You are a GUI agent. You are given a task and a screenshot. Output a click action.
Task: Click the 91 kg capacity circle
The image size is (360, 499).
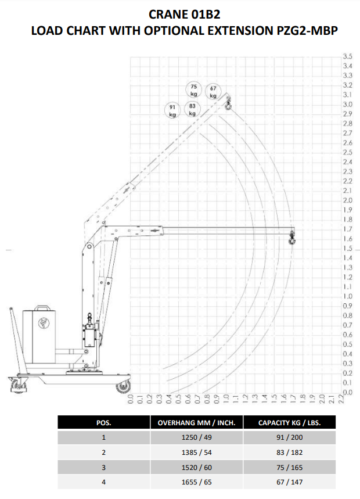coord(172,110)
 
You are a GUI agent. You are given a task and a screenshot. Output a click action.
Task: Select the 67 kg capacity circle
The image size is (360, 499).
coord(213,92)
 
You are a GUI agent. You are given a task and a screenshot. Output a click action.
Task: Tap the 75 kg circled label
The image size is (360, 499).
coord(194,89)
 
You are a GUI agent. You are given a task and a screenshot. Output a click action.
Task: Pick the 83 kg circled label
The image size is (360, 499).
coord(192,109)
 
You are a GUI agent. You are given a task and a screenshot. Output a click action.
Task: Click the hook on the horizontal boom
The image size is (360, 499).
coord(292,238)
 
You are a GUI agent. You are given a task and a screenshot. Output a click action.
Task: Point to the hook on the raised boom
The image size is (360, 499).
coord(228,104)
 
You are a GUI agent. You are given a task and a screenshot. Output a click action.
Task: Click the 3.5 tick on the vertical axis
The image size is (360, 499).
coord(348,56)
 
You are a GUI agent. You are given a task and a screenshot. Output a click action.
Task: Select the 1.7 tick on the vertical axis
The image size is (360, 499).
coord(348,229)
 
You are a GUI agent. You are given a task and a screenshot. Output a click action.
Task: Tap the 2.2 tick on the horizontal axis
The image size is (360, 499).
coord(341,399)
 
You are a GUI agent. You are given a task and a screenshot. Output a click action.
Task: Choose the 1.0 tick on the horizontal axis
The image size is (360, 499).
coord(226,399)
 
